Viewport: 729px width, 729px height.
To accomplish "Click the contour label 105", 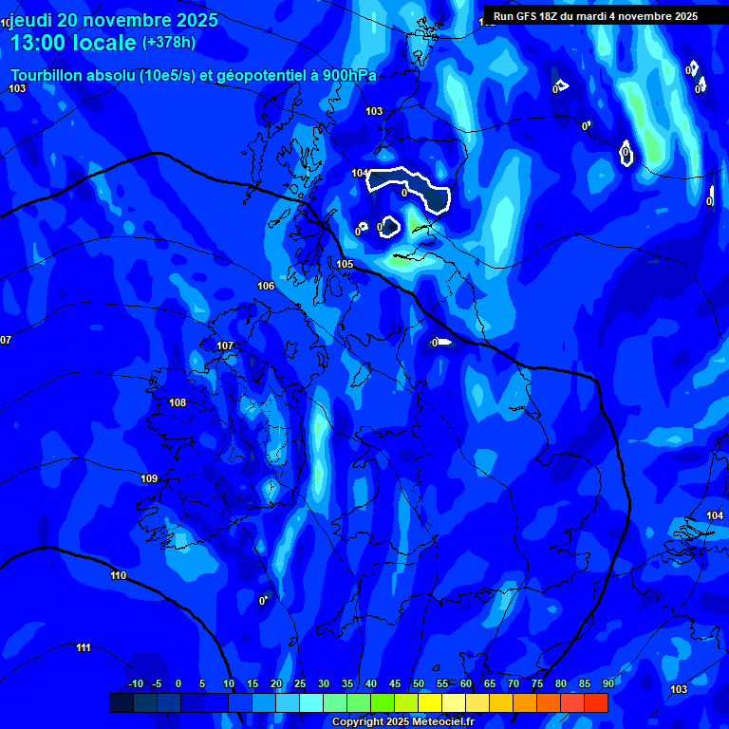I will [x=345, y=264].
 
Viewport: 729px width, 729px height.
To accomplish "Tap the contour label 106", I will [x=266, y=286].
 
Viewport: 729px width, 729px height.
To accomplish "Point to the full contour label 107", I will [x=225, y=346].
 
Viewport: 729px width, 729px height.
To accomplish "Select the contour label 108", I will [x=178, y=402].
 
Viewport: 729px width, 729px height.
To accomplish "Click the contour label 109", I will [x=149, y=478].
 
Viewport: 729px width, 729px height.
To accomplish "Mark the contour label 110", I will [x=118, y=575].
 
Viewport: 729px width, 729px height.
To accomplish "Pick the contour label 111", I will [x=84, y=647].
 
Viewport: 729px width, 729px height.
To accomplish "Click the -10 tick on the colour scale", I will [x=135, y=684].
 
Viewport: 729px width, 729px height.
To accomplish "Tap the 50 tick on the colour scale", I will [x=419, y=684].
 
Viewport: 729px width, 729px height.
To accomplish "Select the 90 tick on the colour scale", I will [x=607, y=684].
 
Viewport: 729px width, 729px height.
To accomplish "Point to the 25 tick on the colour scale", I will [x=300, y=684].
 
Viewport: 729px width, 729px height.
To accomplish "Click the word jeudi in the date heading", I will [x=36, y=20].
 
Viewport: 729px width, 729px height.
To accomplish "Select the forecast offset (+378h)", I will [x=169, y=43].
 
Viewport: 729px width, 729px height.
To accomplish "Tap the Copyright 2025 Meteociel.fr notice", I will [x=402, y=721].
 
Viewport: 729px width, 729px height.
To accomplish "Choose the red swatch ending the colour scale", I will [x=596, y=702].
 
